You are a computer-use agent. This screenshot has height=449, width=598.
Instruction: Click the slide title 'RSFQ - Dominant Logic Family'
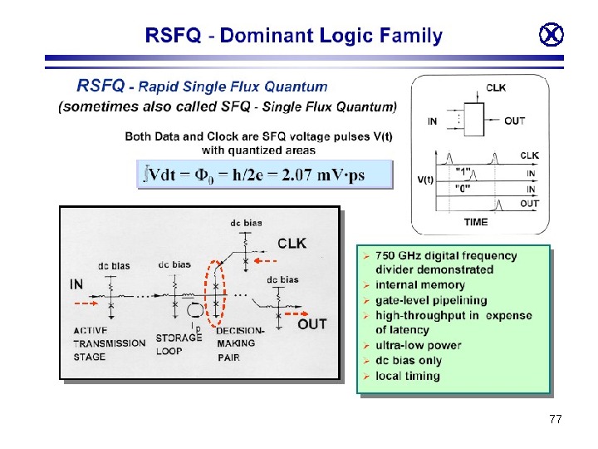tap(293, 36)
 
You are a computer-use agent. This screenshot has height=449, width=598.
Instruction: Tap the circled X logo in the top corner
tap(551, 35)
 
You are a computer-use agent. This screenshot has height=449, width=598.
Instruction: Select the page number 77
tap(555, 420)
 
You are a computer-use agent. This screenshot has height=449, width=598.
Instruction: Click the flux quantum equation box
tap(264, 175)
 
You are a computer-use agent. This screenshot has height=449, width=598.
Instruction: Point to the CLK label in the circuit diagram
tap(292, 244)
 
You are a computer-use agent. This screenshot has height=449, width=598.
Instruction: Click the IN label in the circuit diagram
tap(77, 284)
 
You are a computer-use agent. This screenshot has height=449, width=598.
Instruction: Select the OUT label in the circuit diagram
tap(311, 324)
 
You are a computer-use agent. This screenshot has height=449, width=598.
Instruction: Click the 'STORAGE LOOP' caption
tap(179, 344)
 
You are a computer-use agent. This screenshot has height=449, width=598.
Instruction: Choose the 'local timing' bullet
tap(408, 376)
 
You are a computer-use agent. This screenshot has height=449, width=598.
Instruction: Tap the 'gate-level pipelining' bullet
tap(431, 300)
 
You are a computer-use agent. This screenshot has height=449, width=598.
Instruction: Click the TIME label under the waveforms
tap(476, 222)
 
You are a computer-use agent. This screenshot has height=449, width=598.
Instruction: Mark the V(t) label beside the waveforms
tap(424, 179)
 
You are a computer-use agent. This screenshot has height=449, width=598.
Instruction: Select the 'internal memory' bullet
tap(419, 285)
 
